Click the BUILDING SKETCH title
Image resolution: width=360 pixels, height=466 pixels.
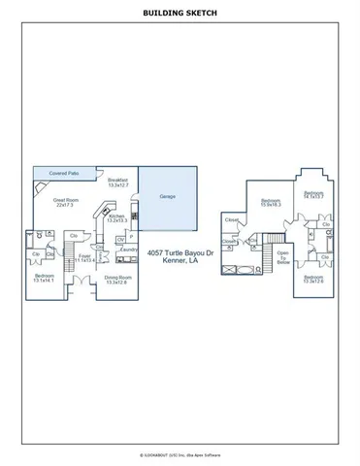[180, 15]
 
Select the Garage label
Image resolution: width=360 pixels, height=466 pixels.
[161, 196]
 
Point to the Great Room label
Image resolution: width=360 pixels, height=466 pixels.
[66, 202]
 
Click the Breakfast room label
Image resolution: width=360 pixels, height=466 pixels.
[119, 182]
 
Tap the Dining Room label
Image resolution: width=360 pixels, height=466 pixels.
[116, 279]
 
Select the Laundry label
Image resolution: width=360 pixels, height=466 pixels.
[127, 250]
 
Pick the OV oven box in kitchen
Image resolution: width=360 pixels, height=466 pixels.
[119, 238]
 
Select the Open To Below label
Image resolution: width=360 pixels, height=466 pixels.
[283, 258]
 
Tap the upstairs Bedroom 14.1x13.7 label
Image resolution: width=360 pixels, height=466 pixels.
[312, 195]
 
